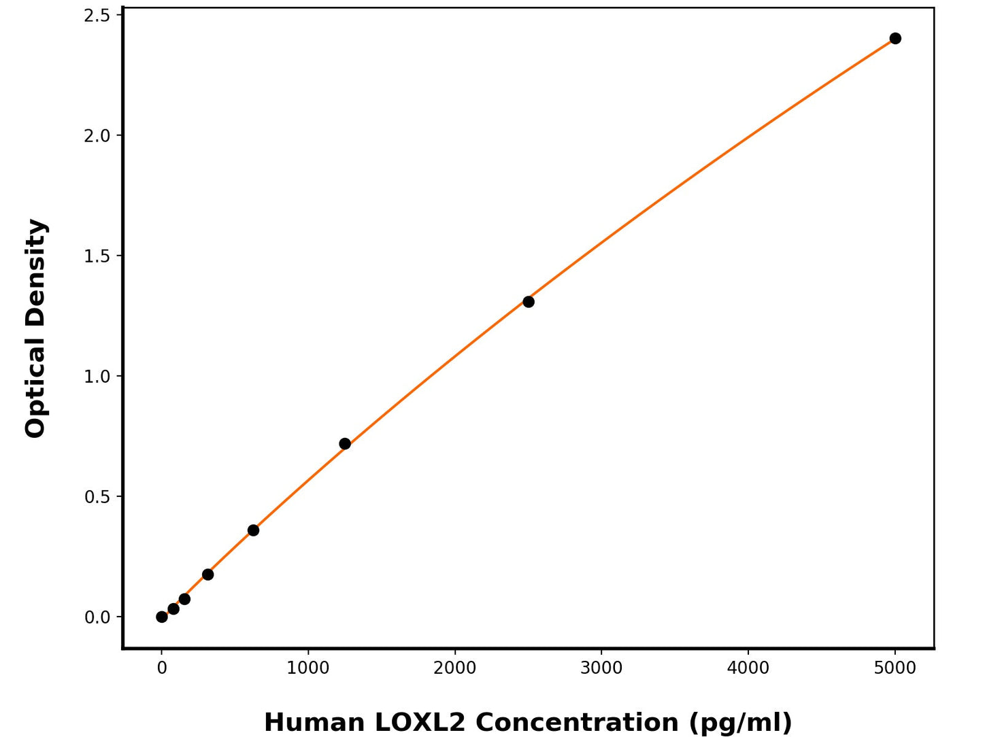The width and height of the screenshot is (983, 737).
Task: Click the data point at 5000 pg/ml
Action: (895, 38)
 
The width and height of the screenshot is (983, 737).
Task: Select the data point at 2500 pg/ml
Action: (528, 301)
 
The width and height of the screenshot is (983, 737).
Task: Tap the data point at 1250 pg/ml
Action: (345, 443)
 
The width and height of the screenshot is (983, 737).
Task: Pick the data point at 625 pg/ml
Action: (253, 530)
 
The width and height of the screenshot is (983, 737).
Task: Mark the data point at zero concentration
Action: (162, 617)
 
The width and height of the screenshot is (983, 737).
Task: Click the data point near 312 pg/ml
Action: (207, 575)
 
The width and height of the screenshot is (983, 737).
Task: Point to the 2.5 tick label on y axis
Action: (97, 15)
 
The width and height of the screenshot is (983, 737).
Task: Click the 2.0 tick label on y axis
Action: (97, 135)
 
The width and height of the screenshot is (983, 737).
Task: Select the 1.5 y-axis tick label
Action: (97, 256)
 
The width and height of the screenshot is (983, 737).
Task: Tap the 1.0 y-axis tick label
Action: (97, 376)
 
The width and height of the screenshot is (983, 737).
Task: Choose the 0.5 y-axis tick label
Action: (97, 496)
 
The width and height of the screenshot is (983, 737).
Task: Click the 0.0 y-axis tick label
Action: (97, 617)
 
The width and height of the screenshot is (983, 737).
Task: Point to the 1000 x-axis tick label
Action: (308, 668)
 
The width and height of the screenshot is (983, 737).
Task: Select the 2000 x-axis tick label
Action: (455, 668)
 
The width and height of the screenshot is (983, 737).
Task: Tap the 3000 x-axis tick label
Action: (601, 668)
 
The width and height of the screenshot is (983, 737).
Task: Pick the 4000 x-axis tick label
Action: (748, 668)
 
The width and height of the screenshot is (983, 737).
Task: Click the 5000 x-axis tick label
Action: (895, 668)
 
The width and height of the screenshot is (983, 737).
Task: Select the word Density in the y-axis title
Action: (35, 272)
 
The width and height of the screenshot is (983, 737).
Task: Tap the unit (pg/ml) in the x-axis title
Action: (740, 722)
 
